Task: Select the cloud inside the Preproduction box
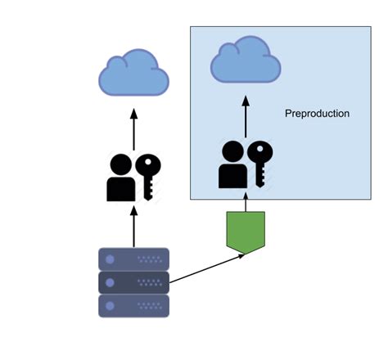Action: pos(246,61)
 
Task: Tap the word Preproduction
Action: pos(317,114)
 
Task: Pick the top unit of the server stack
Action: pos(133,259)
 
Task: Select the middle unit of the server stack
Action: pos(133,282)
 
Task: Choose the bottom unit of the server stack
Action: pos(133,306)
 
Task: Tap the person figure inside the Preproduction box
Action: pos(232,166)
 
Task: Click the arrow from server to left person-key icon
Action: pos(133,227)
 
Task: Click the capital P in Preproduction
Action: pos(288,114)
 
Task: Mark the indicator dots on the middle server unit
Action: pos(151,282)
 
